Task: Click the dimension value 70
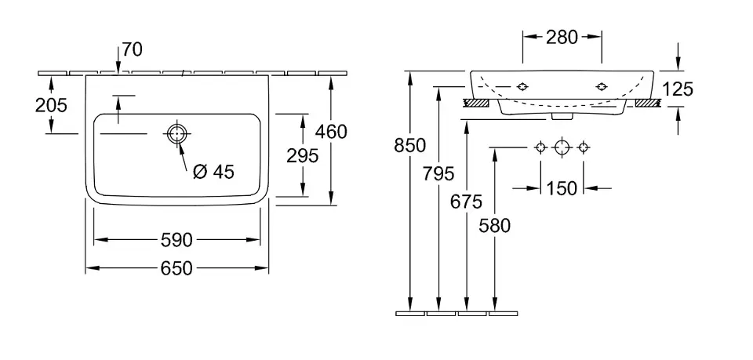click(x=133, y=50)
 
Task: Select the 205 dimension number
click(x=52, y=104)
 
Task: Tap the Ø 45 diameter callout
click(x=213, y=172)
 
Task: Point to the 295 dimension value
click(x=303, y=155)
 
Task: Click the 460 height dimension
click(x=331, y=131)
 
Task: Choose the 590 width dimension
click(x=176, y=239)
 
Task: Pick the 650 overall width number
click(x=177, y=268)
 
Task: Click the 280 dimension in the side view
click(x=562, y=36)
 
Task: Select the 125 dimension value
click(x=678, y=89)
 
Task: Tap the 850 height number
click(x=410, y=145)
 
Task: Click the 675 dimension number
click(x=467, y=202)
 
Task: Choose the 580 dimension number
click(x=495, y=226)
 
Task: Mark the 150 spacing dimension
click(x=562, y=188)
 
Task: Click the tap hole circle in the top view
click(x=176, y=134)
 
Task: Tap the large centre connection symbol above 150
click(x=561, y=147)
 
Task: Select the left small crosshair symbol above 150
click(x=540, y=147)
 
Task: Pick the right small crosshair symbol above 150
click(x=583, y=147)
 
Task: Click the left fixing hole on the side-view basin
click(x=522, y=85)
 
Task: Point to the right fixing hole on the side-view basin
click(x=602, y=85)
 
